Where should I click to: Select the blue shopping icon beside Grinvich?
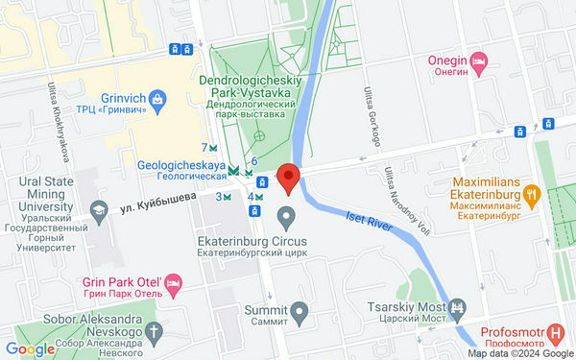pos(159,97)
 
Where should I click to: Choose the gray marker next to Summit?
pos(300,311)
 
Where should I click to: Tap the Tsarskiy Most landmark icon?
pos(459,308)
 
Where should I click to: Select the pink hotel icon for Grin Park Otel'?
pos(173,283)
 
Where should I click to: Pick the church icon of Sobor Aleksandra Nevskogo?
pos(156,332)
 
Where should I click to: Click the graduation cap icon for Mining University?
pos(98,208)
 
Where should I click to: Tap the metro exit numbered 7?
pos(210,148)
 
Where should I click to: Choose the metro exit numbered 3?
pos(224,197)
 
